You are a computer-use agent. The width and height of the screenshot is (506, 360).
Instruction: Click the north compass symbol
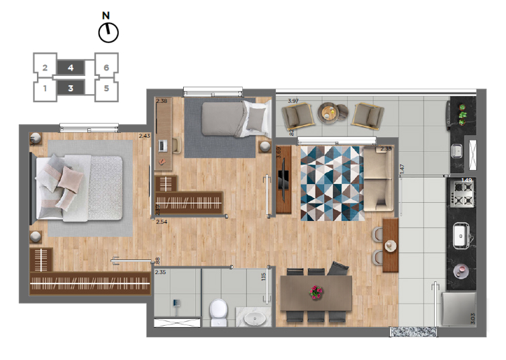[107, 31]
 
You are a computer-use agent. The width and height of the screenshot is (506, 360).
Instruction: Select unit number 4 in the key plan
[70, 67]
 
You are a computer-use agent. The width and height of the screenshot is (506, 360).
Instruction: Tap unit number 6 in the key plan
[107, 66]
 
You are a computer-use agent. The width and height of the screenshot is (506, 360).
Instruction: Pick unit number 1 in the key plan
[44, 88]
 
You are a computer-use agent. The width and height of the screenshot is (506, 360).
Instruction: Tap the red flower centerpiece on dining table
[315, 292]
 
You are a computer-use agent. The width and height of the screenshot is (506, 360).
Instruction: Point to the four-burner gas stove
[461, 194]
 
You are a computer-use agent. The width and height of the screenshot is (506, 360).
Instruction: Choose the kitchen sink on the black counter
[462, 235]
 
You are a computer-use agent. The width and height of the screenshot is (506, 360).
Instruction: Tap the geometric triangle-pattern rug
[330, 183]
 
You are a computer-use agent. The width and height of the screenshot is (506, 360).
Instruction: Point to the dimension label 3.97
[293, 101]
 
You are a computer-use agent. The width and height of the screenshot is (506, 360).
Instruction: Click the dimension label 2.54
[161, 221]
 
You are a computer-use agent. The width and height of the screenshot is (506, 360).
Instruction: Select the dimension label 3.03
[472, 317]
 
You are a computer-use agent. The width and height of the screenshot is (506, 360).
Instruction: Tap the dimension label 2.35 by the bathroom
[160, 272]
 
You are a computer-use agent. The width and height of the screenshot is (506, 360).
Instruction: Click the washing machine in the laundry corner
[458, 309]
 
